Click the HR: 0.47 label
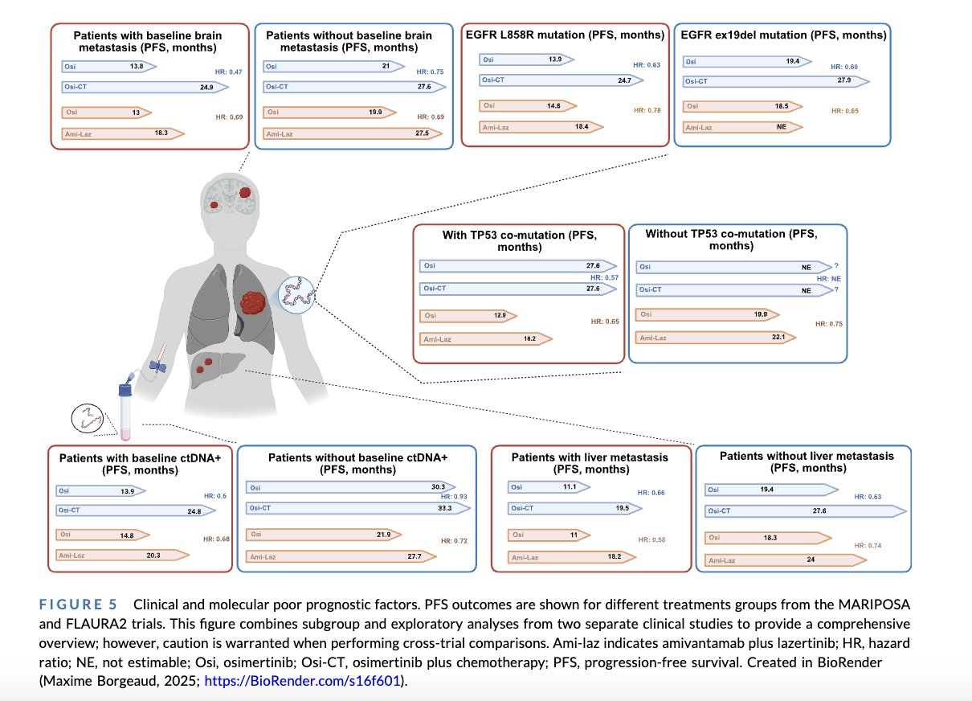[x=229, y=72]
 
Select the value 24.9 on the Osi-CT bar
[x=206, y=88]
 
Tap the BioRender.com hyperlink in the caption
[x=302, y=681]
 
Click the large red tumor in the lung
[x=252, y=303]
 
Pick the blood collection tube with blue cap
[x=125, y=411]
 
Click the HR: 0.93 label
[x=454, y=497]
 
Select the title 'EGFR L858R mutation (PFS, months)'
[x=565, y=35]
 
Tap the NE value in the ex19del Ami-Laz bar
[x=782, y=127]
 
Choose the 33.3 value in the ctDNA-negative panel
[x=445, y=508]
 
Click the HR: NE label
[x=829, y=279]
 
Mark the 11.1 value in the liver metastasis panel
[x=570, y=487]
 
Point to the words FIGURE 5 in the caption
[x=78, y=605]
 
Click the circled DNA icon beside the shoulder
[x=296, y=295]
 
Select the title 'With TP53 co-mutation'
[x=520, y=241]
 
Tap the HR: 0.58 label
[x=651, y=540]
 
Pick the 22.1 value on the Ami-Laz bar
[x=778, y=337]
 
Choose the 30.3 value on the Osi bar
[x=439, y=487]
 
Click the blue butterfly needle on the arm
[x=158, y=365]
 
